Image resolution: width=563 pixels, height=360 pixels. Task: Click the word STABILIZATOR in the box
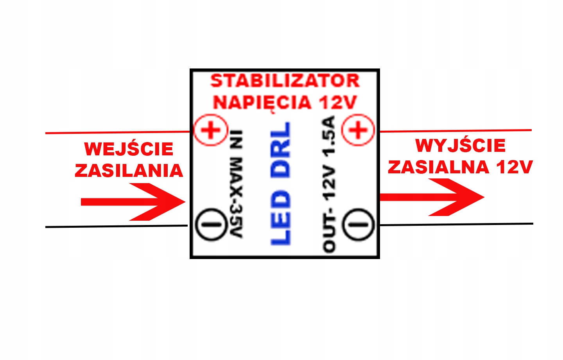[x=285, y=81]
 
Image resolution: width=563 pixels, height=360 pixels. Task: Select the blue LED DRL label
[x=281, y=184]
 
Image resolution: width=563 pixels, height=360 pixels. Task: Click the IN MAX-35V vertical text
[x=236, y=184]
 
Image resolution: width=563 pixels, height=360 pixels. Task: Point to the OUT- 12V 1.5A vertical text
[x=329, y=184]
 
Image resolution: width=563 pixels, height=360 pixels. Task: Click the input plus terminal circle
[x=211, y=130]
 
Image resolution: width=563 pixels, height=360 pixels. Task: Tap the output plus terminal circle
[x=358, y=130]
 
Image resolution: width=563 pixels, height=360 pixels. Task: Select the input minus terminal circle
[x=211, y=225]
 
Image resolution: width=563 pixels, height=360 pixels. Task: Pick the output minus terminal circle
[x=358, y=224]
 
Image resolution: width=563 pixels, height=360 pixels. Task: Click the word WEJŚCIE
[x=129, y=149]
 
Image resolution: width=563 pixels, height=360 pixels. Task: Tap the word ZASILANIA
[x=129, y=171]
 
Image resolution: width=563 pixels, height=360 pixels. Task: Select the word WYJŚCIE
[x=460, y=146]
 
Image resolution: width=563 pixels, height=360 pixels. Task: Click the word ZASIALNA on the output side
[x=438, y=167]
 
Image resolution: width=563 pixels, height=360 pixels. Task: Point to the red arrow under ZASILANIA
[x=133, y=202]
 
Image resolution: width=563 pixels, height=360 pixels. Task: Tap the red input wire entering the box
[x=117, y=132]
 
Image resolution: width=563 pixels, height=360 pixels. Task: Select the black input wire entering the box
[x=117, y=226]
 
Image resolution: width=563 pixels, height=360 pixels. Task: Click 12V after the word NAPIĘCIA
[x=337, y=103]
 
